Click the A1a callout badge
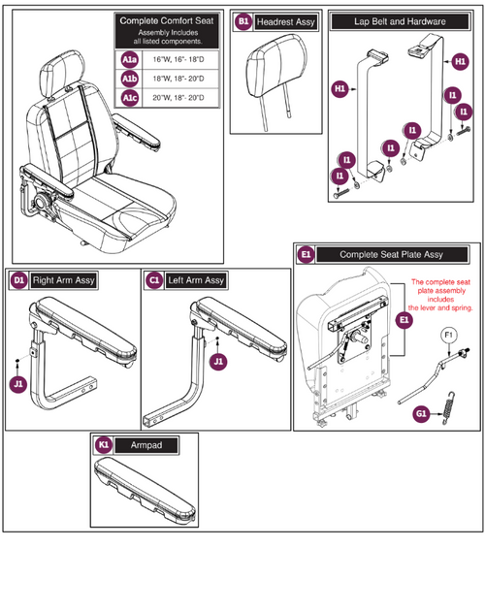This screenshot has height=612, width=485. (x=129, y=59)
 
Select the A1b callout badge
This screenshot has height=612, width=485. (x=129, y=77)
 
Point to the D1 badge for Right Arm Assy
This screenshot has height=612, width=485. (x=18, y=280)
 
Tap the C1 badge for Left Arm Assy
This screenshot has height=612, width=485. (x=154, y=280)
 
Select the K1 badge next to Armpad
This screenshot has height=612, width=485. (x=104, y=444)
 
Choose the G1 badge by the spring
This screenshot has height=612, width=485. (x=421, y=412)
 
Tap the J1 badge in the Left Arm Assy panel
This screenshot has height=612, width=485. (x=218, y=360)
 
